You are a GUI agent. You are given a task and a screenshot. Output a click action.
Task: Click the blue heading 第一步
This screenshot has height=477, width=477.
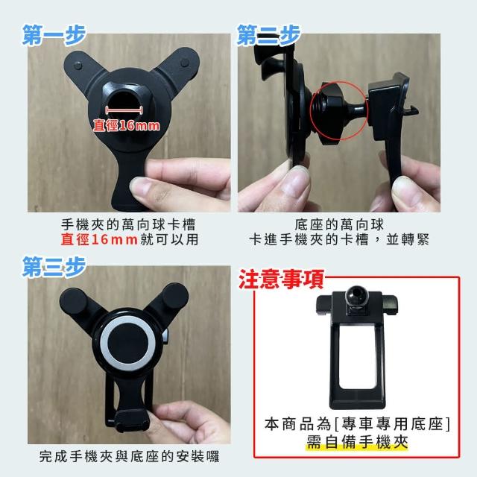[x=54, y=35]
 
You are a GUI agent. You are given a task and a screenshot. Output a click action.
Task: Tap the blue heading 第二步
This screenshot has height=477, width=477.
[x=268, y=35]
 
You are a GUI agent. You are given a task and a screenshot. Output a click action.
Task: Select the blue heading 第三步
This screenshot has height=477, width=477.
[x=54, y=267]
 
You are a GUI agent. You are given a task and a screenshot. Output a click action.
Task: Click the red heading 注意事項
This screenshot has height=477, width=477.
[x=281, y=279]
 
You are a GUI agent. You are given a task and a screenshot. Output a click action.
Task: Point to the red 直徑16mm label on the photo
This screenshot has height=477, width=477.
[x=126, y=125]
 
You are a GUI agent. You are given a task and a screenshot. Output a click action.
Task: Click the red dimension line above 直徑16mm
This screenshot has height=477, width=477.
[x=124, y=110]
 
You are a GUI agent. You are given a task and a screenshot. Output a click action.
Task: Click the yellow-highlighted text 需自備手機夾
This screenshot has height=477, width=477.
[x=356, y=442]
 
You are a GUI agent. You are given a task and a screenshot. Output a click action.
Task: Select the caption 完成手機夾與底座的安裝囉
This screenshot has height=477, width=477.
[x=129, y=456]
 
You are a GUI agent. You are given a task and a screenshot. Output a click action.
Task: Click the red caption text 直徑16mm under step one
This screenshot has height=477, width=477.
[x=99, y=239]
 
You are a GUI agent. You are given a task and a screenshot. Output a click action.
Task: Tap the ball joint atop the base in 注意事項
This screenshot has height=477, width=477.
[x=356, y=295]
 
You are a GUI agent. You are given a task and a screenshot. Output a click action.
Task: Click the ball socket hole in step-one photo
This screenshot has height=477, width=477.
[x=123, y=98]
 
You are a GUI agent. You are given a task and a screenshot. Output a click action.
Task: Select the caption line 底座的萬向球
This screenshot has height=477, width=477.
[x=339, y=225]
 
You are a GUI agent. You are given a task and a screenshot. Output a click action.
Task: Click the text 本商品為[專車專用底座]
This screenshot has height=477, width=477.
[x=357, y=424]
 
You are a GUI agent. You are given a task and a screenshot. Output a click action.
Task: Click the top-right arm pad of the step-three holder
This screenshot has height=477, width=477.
[x=175, y=296]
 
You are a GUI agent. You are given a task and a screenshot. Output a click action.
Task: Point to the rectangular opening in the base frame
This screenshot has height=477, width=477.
[x=357, y=356]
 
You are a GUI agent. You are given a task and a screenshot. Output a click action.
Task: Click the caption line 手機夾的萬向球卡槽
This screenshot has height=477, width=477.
[x=128, y=225]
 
